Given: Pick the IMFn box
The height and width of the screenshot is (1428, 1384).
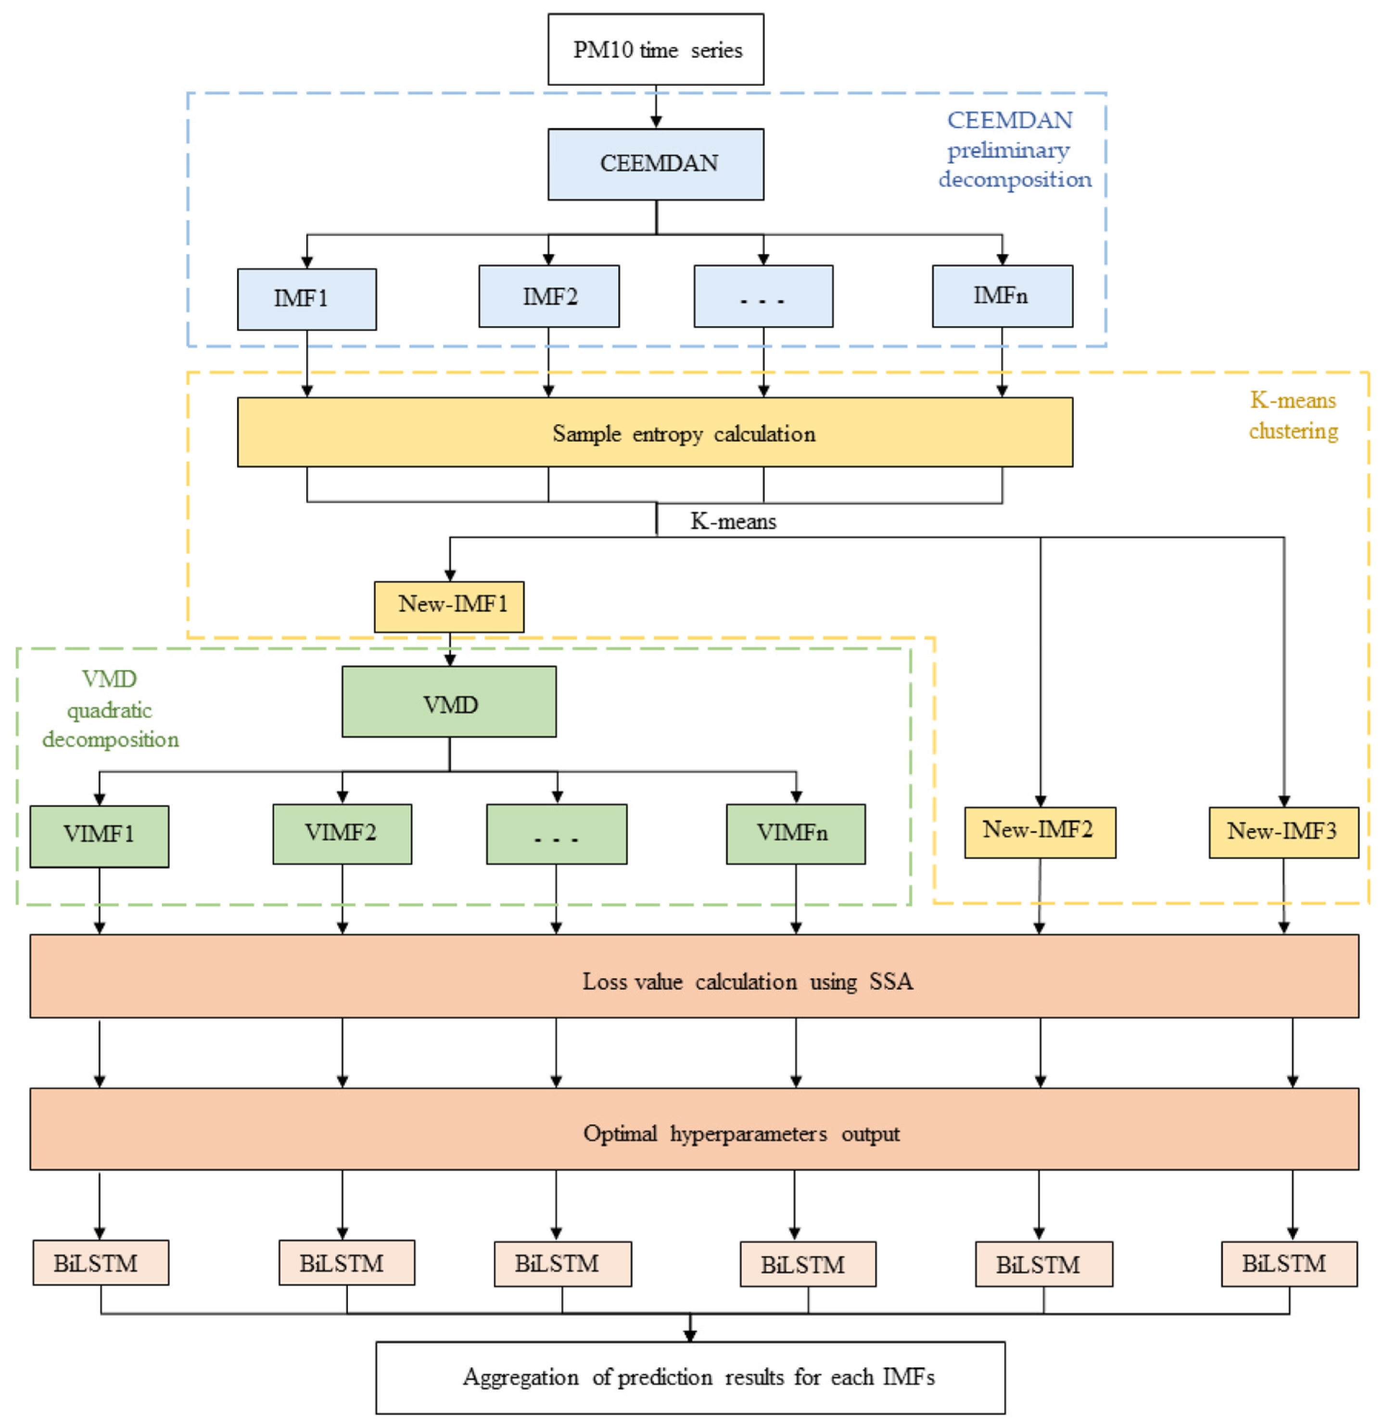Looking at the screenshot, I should (x=1002, y=296).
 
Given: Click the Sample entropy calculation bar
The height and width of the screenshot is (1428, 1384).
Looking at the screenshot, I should (x=654, y=432).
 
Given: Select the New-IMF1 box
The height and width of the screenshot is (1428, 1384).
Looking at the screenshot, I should (x=448, y=606).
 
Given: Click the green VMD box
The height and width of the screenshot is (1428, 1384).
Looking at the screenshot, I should (x=448, y=701).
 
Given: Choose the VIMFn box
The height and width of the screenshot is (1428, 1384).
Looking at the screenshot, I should (x=795, y=834).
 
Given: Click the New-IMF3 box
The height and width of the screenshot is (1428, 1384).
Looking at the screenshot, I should (x=1282, y=832).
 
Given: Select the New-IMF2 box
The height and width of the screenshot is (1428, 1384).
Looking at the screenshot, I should (x=1039, y=832).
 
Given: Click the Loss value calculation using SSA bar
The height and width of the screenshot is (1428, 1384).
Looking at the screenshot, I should (x=693, y=976).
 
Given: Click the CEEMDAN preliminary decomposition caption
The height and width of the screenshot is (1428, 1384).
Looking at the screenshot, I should (x=1013, y=150).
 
